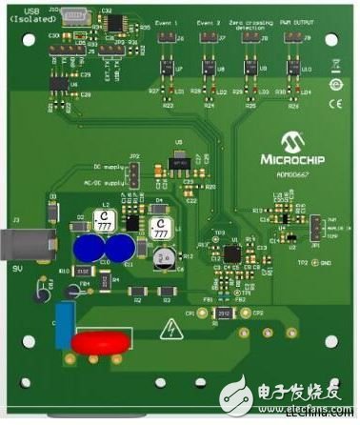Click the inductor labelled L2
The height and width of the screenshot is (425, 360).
[x=107, y=222]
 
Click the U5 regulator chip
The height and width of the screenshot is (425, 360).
[x=176, y=163]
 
